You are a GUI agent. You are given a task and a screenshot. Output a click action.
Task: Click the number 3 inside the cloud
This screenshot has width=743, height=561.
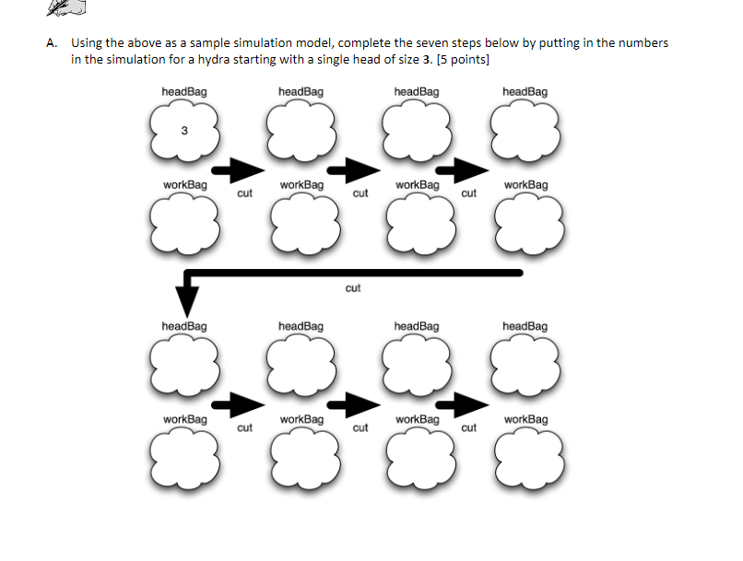[184, 130]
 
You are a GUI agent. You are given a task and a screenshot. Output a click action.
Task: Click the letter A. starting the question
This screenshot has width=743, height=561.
[52, 43]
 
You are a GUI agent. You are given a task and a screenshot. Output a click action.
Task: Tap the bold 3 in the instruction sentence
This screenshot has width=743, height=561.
[426, 59]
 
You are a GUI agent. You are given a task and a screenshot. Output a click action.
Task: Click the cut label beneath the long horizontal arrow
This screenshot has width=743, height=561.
[353, 288]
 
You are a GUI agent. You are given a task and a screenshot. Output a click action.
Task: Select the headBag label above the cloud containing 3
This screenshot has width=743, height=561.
[184, 92]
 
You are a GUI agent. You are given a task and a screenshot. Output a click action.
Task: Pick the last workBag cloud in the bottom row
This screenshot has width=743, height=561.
[525, 456]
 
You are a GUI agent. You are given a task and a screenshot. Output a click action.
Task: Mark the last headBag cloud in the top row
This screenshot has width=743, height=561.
[525, 130]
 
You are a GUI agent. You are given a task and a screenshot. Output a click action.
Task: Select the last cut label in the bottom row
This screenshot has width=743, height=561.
[469, 427]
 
